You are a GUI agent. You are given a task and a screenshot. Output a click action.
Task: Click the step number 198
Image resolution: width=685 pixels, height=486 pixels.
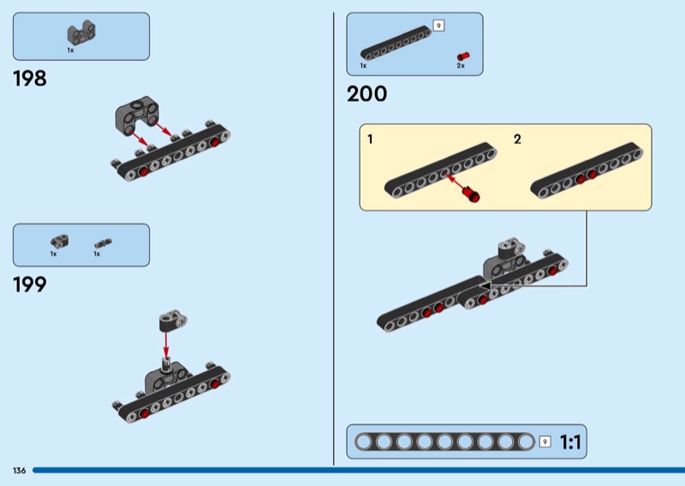click(29, 80)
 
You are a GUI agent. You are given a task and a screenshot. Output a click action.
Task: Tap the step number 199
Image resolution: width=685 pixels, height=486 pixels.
click(29, 285)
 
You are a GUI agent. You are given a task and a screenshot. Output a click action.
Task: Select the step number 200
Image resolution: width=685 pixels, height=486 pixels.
click(366, 94)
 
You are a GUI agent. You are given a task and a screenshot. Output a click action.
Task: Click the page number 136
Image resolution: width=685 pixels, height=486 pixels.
click(19, 471)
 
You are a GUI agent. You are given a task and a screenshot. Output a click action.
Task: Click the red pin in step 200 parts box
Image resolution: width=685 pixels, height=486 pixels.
click(462, 55)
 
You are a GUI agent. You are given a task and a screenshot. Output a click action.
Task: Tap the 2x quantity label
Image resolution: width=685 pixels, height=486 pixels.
click(461, 66)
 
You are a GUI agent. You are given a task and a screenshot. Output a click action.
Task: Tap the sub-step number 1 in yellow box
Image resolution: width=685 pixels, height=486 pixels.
click(370, 139)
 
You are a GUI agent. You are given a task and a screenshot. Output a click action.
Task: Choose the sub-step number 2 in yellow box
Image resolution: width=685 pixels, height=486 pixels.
click(517, 139)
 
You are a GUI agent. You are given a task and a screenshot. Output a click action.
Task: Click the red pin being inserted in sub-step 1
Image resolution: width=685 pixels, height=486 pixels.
click(470, 195)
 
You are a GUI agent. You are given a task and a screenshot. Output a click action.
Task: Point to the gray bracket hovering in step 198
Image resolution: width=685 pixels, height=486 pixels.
click(136, 113)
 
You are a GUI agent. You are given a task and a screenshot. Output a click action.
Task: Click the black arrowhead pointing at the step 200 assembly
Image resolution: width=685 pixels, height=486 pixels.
click(485, 286)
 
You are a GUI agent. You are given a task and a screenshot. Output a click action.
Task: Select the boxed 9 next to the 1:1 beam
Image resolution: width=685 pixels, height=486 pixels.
click(545, 442)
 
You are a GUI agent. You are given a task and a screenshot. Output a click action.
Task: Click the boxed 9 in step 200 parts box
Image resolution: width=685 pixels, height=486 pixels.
click(438, 26)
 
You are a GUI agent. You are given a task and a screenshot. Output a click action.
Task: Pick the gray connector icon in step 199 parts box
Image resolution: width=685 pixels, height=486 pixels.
click(58, 242)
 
